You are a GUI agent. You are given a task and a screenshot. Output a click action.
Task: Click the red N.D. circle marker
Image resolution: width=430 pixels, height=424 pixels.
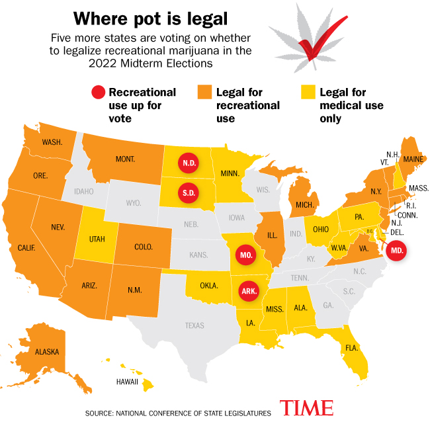188,163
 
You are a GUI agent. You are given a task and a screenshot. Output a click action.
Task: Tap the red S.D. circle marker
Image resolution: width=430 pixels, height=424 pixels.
188,193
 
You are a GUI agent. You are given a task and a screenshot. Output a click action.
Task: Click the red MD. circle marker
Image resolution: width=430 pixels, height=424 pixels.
396,251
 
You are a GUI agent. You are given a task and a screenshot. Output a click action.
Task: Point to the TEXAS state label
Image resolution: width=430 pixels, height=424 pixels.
194,325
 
